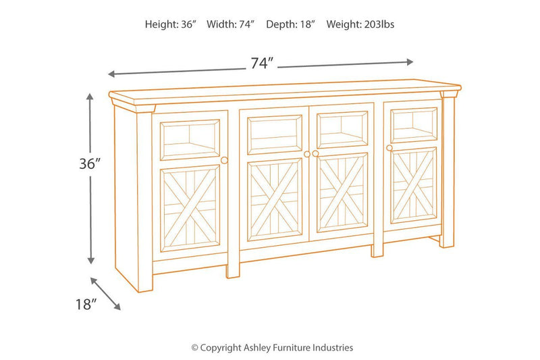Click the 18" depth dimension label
86,305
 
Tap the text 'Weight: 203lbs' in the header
360,24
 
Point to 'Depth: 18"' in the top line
290,24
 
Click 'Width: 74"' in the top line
231,24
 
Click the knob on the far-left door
225,160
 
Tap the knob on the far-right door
389,147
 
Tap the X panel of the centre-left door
275,199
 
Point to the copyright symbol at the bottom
195,348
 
